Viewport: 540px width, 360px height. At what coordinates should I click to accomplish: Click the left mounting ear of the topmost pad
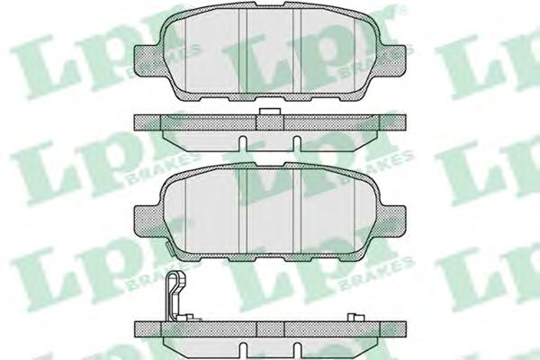(x=147, y=59)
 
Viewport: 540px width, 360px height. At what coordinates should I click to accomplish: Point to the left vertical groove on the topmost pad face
(x=243, y=50)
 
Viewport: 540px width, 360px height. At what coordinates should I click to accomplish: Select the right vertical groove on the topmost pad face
(x=297, y=50)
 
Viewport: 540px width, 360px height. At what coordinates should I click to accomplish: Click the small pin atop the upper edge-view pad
(x=270, y=112)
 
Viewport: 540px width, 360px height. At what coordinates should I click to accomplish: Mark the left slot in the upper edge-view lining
(x=243, y=143)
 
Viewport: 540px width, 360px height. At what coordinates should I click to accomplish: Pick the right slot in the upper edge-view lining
(x=297, y=143)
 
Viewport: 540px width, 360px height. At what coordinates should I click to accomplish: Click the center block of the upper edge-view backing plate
(x=270, y=123)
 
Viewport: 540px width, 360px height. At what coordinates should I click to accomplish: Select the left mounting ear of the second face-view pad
(x=147, y=221)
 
